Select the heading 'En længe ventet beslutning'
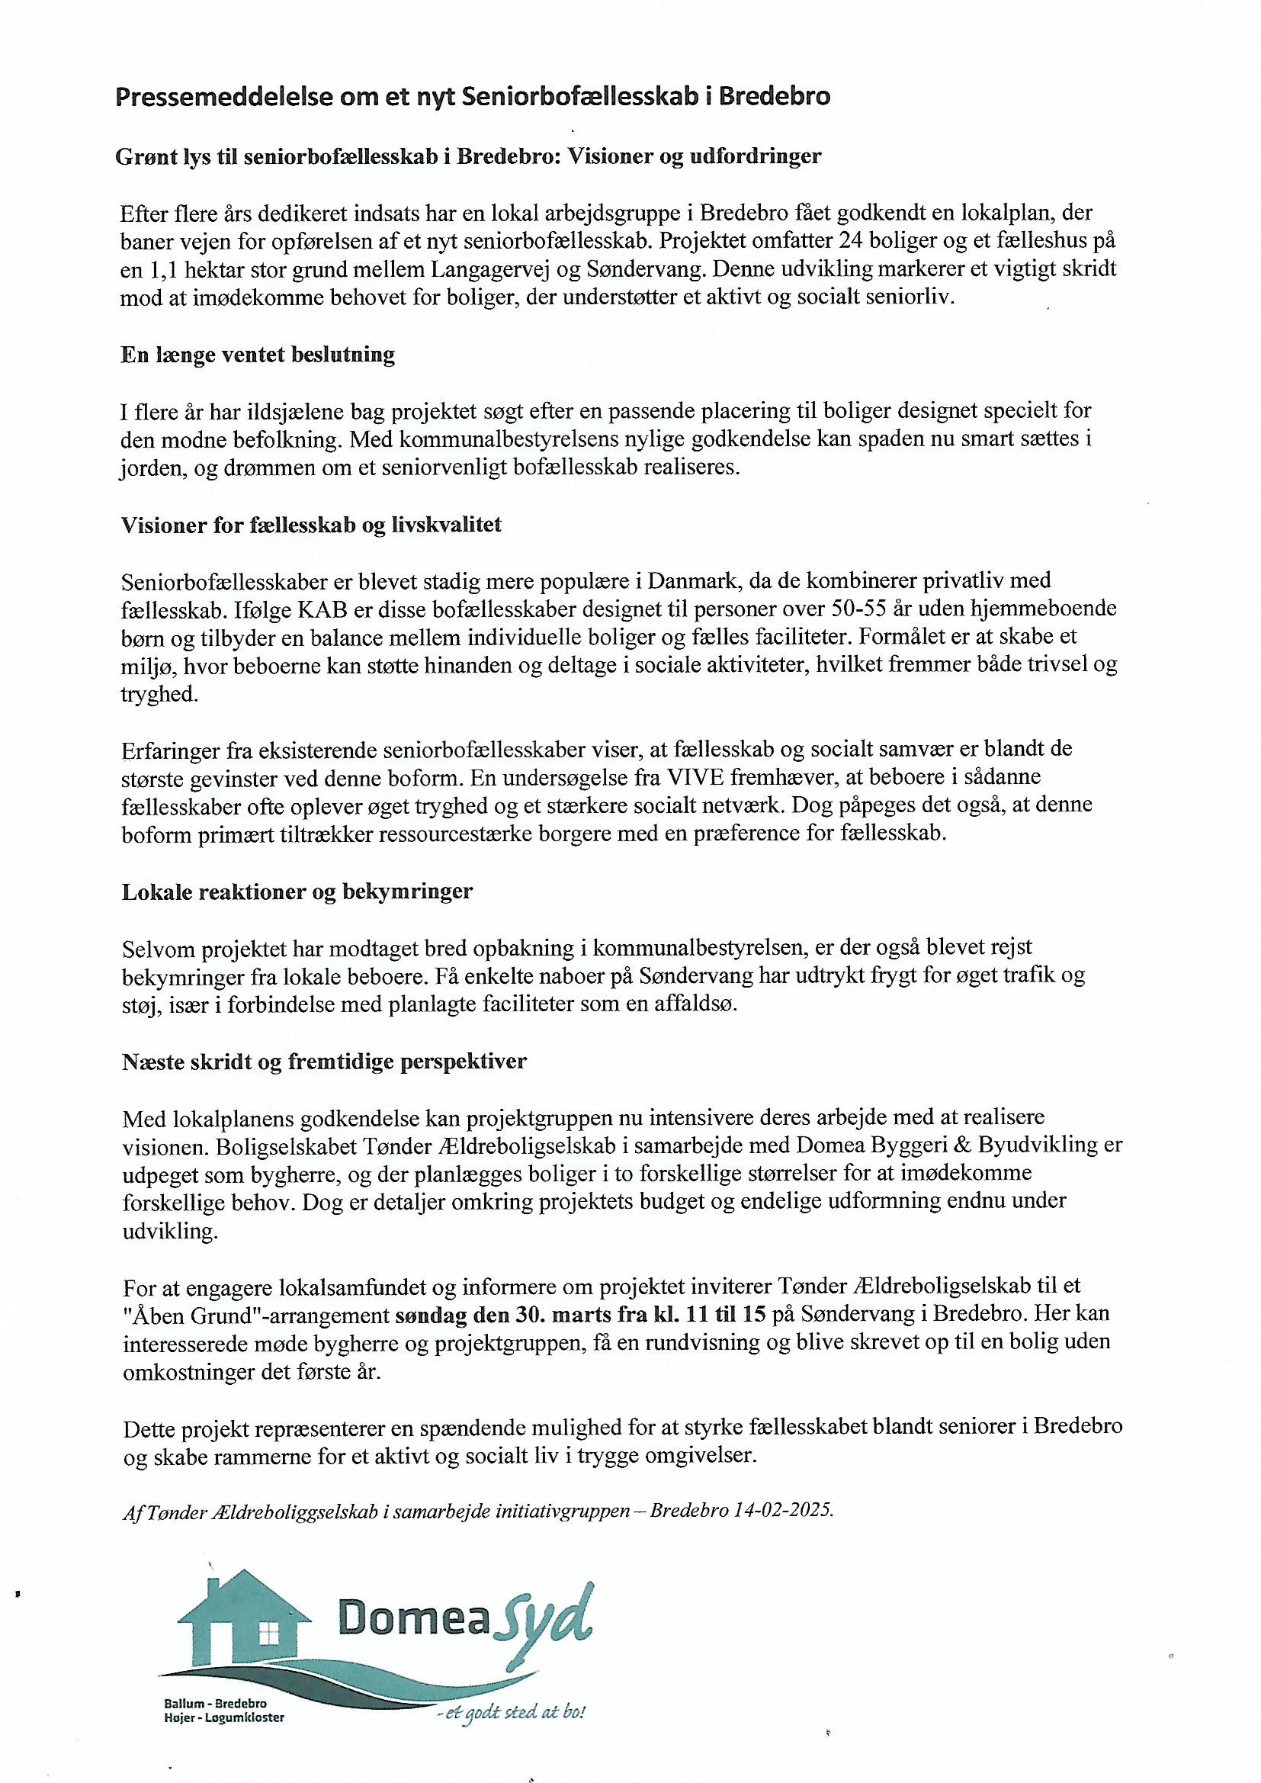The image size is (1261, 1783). pyautogui.click(x=258, y=355)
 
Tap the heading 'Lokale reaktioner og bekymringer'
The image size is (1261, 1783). pyautogui.click(x=297, y=891)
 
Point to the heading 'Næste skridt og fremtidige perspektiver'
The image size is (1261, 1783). pyautogui.click(x=324, y=1061)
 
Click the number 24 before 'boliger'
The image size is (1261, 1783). pyautogui.click(x=842, y=241)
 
